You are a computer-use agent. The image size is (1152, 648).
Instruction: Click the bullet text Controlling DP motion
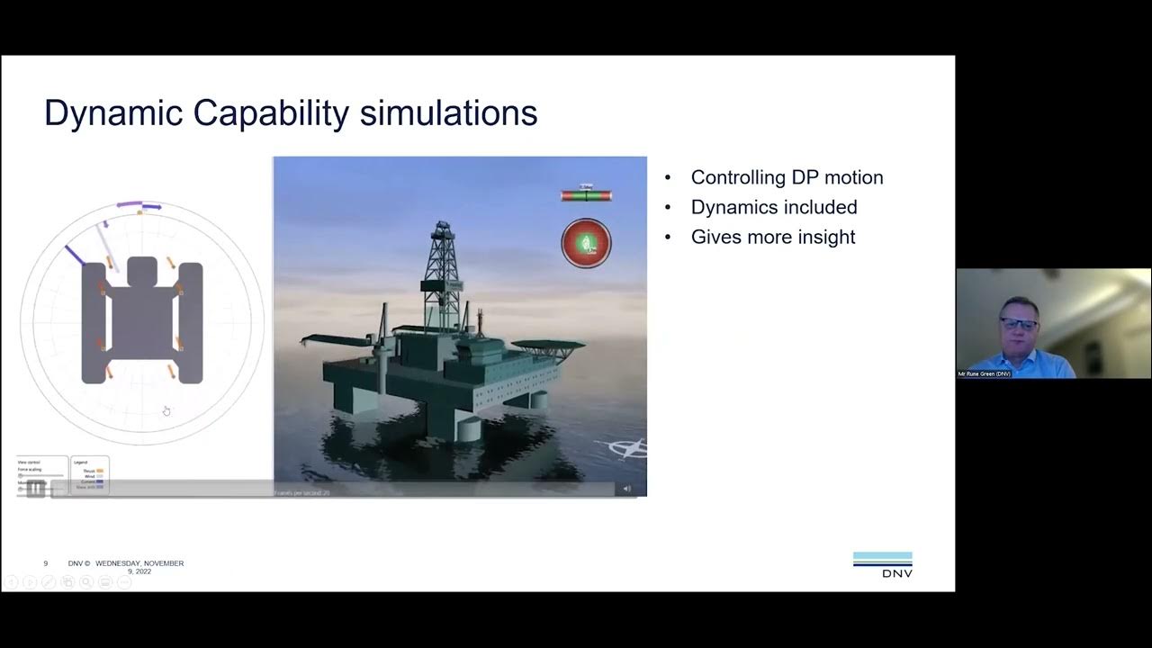787,177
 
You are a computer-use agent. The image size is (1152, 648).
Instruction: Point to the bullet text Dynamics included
773,207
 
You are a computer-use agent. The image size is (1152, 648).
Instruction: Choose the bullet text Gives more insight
772,237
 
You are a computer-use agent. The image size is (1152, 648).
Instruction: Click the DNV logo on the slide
882,565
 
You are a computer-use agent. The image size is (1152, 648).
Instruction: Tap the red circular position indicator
586,243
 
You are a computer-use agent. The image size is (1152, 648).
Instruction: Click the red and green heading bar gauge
586,194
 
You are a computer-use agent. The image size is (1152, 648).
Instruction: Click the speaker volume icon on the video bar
627,489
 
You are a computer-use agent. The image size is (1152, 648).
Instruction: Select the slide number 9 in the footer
46,563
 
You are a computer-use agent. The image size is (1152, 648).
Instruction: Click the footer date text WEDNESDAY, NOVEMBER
139,563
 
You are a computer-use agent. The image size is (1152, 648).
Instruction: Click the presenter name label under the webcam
985,373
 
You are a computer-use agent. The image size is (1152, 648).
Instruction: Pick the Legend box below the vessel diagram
89,474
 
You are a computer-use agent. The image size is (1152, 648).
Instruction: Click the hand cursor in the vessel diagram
166,411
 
